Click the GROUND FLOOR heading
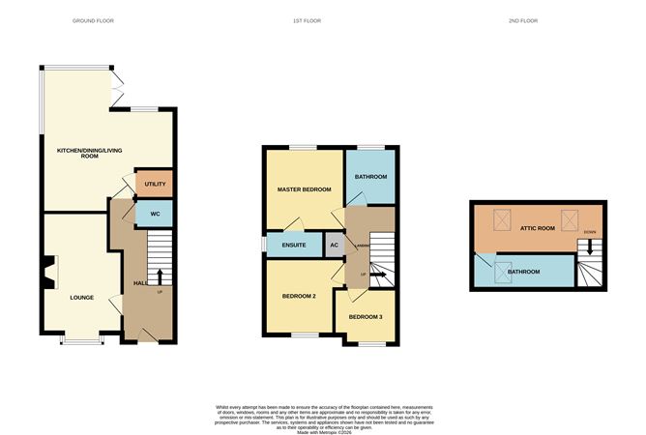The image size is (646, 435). click(x=94, y=20)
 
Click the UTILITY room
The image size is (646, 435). click(x=156, y=184)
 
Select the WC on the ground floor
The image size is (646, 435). click(x=154, y=213)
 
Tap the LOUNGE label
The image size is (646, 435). click(x=81, y=297)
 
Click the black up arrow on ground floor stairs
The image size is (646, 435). click(x=160, y=276)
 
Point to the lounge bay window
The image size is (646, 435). click(x=81, y=339)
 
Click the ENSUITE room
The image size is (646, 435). click(x=294, y=246)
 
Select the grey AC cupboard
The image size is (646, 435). click(x=334, y=246)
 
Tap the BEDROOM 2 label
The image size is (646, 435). click(x=300, y=296)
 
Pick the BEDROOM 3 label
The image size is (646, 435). click(x=367, y=317)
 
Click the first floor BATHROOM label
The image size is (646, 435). click(x=370, y=177)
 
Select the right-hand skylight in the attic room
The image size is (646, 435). click(x=570, y=218)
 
